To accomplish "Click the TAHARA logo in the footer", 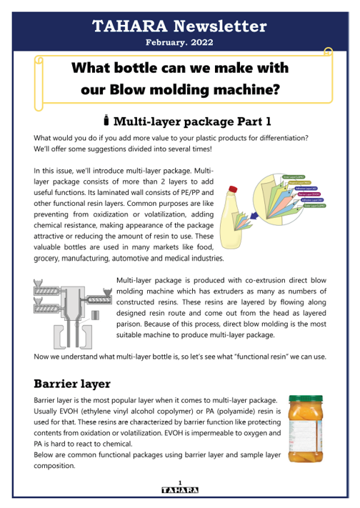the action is [x=180, y=490].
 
